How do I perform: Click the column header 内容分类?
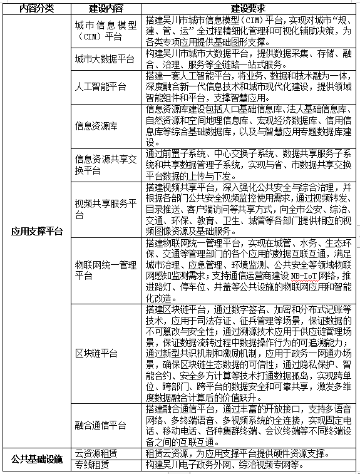[x=36, y=9]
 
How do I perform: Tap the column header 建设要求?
[x=250, y=9]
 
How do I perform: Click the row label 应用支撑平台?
[x=36, y=231]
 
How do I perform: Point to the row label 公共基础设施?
[x=36, y=458]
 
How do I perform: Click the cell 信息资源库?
[x=95, y=125]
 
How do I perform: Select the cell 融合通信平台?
[x=100, y=425]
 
